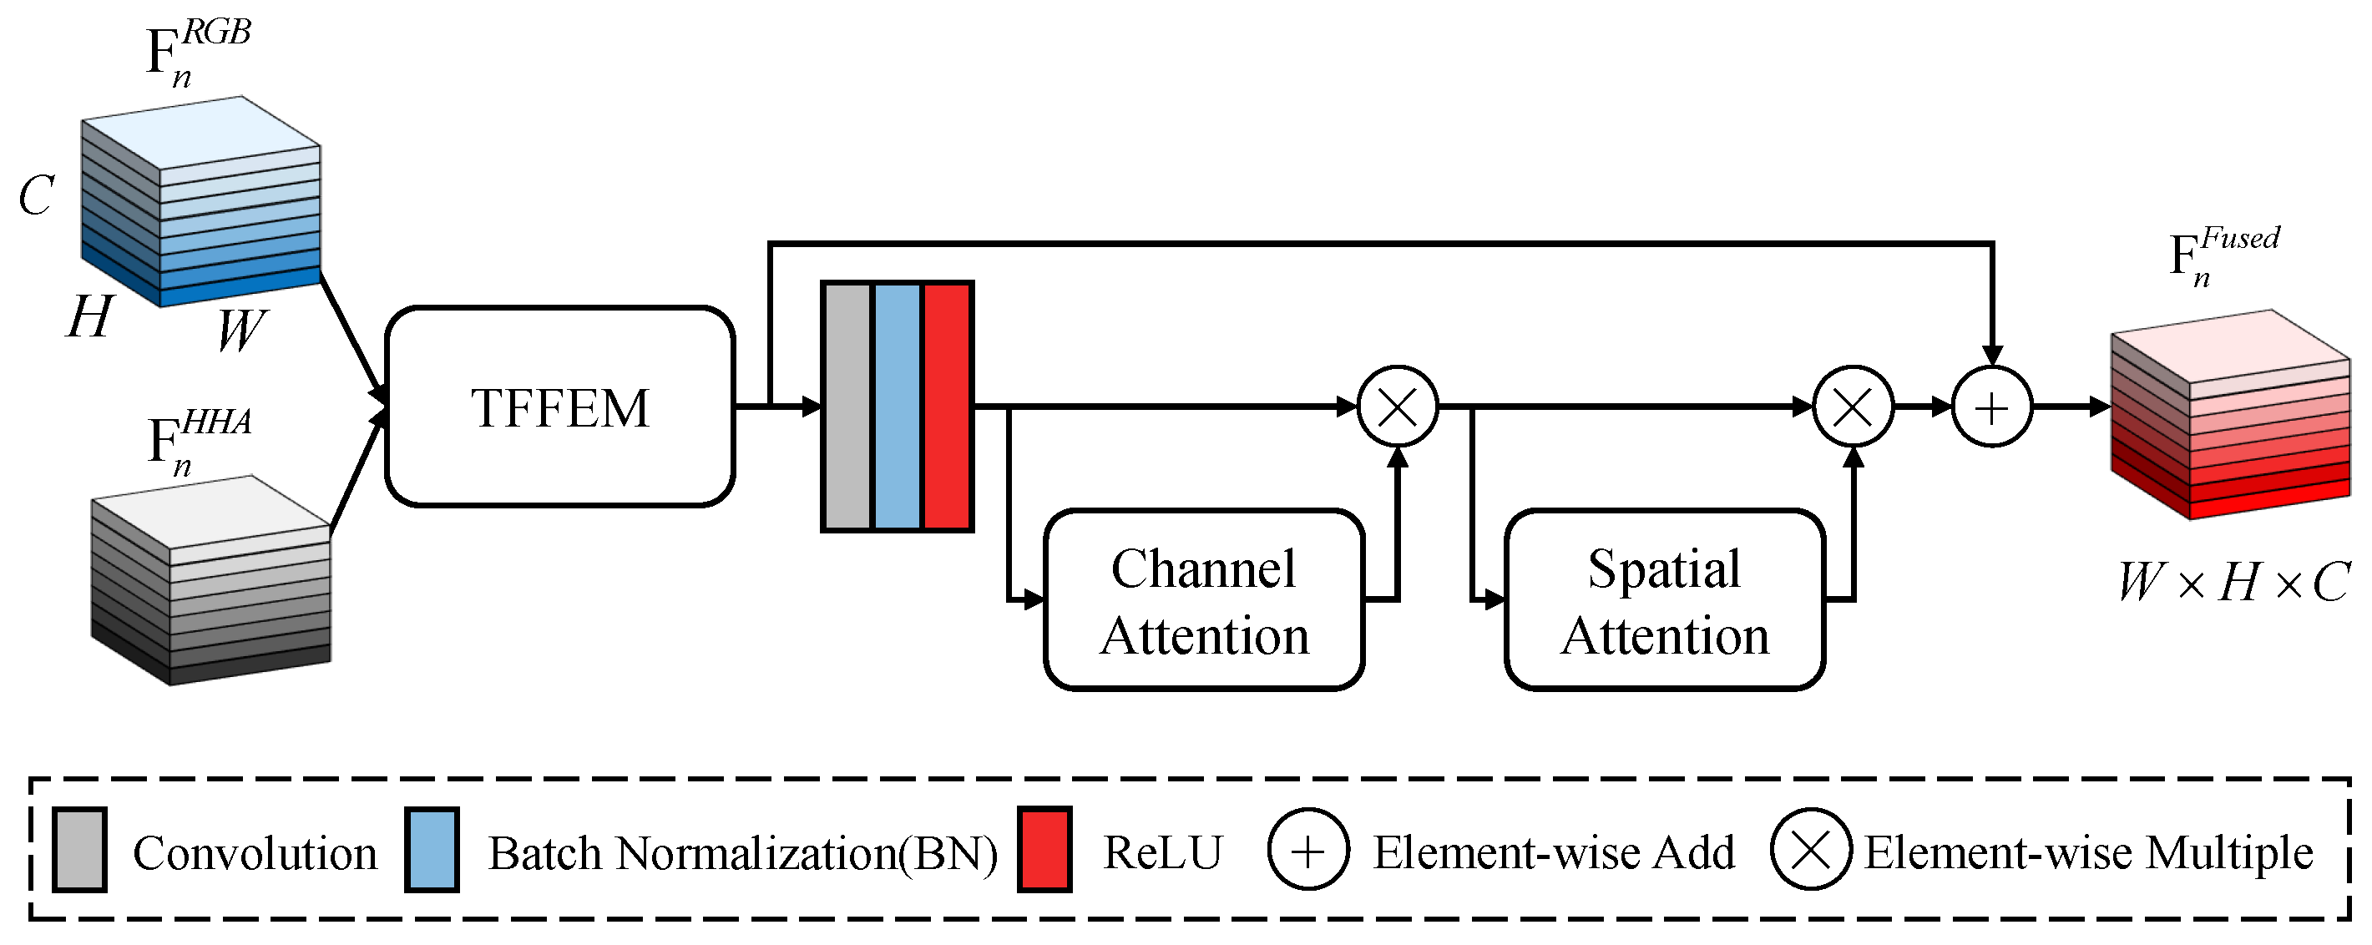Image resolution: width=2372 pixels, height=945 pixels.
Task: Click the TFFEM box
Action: tap(559, 407)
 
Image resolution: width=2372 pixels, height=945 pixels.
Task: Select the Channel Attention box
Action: tap(1203, 599)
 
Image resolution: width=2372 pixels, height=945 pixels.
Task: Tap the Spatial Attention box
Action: tap(1664, 599)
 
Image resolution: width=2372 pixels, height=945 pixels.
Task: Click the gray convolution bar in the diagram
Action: tap(847, 407)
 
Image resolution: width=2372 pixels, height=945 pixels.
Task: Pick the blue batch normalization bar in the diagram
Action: tap(897, 407)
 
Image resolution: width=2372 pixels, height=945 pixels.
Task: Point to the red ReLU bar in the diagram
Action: tap(947, 407)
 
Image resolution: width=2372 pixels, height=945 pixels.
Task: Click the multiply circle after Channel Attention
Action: tap(1397, 407)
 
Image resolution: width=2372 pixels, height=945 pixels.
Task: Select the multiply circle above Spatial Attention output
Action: tap(1853, 407)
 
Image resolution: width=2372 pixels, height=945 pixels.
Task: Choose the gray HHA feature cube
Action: tap(212, 580)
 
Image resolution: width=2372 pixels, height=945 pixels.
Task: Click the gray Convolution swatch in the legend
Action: tap(79, 850)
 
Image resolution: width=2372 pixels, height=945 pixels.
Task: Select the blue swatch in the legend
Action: tap(432, 850)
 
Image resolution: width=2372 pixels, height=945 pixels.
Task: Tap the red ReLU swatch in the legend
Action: tap(1044, 850)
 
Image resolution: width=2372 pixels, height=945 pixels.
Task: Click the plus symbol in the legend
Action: tap(1307, 850)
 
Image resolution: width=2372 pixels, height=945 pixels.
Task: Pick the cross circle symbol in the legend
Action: tap(1810, 850)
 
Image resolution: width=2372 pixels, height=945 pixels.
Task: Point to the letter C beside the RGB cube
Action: tap(37, 195)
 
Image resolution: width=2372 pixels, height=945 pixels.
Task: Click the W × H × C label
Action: tap(2232, 582)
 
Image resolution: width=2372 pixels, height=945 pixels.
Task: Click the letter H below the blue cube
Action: tap(90, 317)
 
